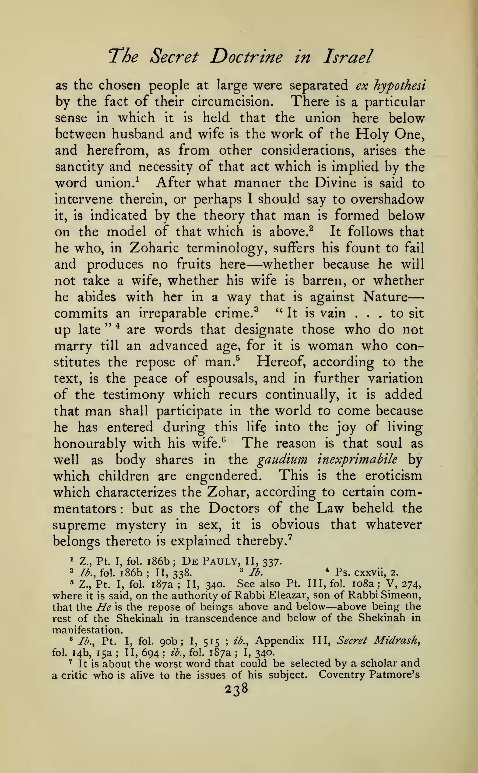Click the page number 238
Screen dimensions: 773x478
click(236, 689)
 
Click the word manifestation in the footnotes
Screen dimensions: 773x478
click(87, 630)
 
